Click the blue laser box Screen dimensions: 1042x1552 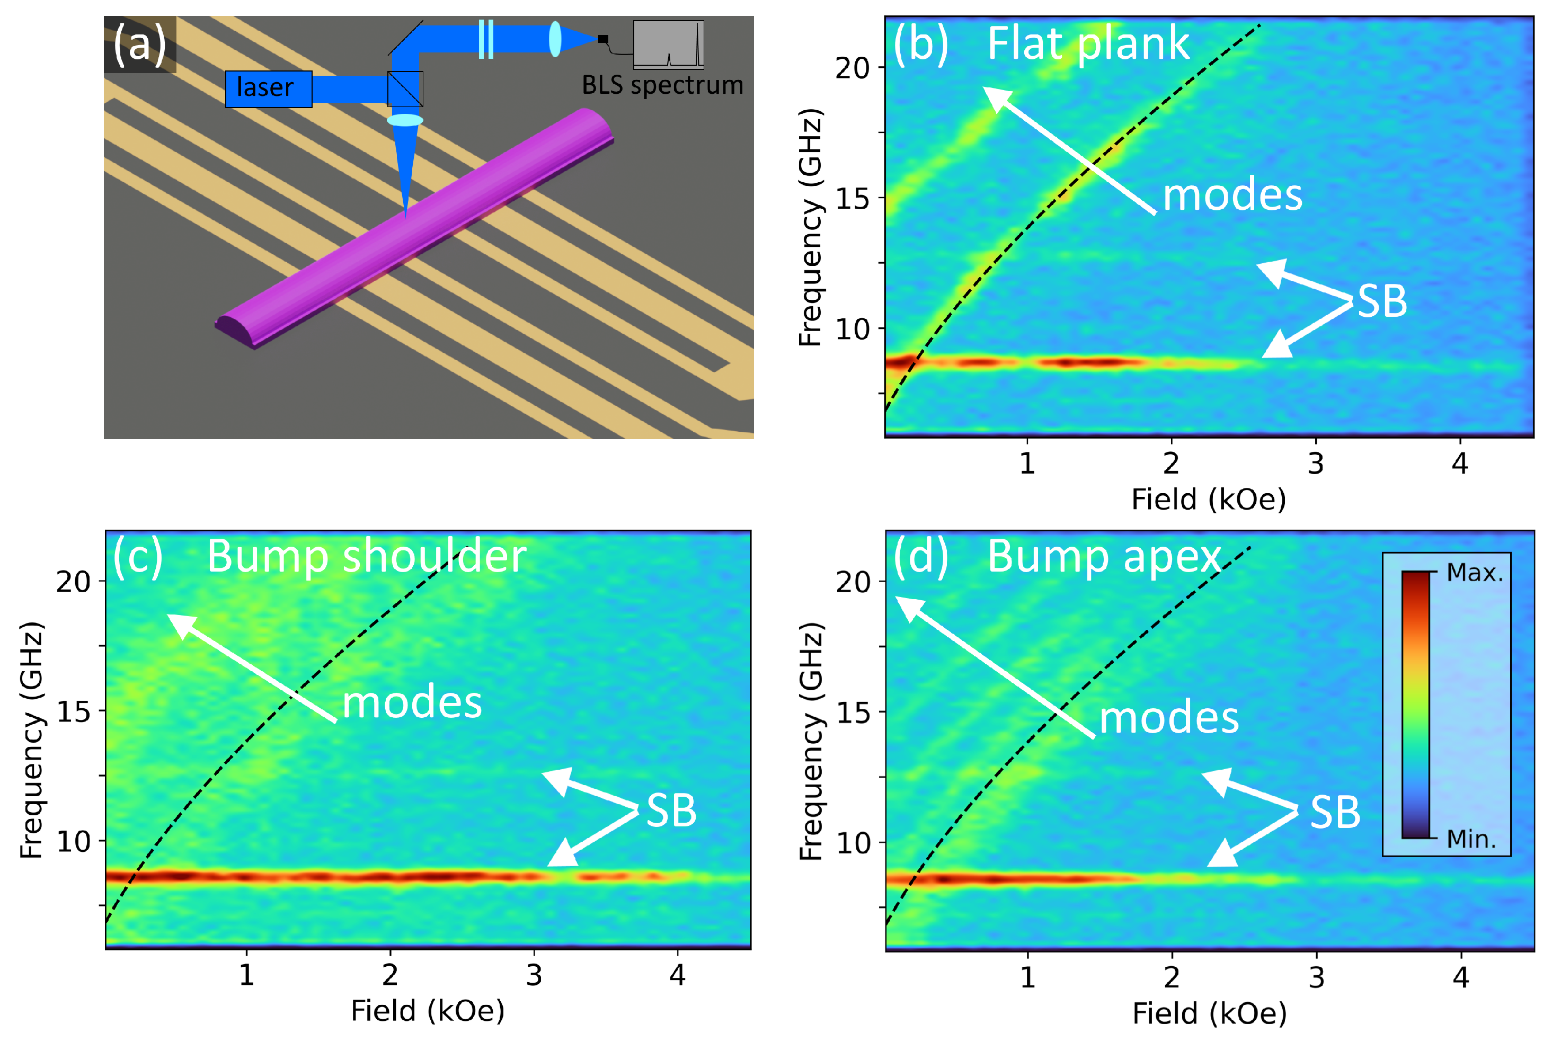(x=269, y=88)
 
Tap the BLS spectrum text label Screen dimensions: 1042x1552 (x=662, y=86)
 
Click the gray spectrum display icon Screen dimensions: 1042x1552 (x=668, y=44)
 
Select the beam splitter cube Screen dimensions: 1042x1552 (x=405, y=89)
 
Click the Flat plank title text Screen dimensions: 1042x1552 (x=1088, y=44)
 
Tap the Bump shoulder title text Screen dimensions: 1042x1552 (x=366, y=556)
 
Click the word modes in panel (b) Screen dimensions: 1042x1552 (x=1232, y=195)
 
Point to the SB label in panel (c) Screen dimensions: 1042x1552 (x=671, y=812)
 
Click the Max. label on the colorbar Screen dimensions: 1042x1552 (x=1474, y=573)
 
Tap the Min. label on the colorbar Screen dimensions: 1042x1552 (x=1471, y=839)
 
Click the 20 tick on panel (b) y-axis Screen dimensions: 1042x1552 (x=852, y=68)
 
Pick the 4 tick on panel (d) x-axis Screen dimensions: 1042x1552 (x=1460, y=977)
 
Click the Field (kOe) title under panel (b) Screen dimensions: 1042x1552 (x=1208, y=500)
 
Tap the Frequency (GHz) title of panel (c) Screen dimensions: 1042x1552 (x=31, y=740)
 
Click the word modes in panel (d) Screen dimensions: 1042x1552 (x=1169, y=718)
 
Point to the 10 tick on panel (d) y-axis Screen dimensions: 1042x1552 (x=853, y=843)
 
